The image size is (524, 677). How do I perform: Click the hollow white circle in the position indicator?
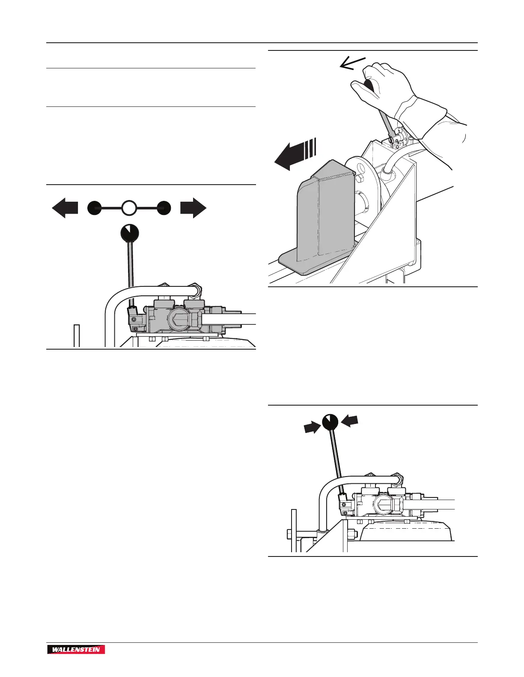[x=129, y=208]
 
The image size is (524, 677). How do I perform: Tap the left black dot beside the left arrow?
[x=94, y=208]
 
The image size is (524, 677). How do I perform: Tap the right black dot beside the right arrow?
[x=164, y=208]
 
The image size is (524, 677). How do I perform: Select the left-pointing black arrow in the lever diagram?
[x=65, y=208]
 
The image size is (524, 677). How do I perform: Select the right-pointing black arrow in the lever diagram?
[x=193, y=208]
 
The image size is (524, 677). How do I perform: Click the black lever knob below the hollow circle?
[x=130, y=233]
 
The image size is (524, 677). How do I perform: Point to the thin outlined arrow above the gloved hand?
[x=352, y=64]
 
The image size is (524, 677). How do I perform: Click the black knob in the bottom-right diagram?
[x=330, y=422]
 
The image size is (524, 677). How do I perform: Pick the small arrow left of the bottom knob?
[x=313, y=427]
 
